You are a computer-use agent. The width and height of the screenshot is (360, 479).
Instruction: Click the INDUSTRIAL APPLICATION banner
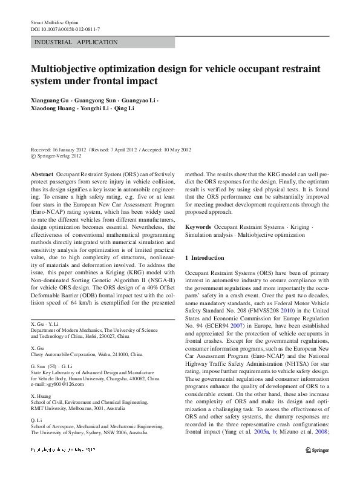[76, 42]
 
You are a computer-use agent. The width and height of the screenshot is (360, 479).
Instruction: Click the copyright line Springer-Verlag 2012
[58, 156]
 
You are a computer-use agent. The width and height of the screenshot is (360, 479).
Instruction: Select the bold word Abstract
[41, 173]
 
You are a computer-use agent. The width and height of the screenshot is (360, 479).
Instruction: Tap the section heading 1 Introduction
[204, 259]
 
